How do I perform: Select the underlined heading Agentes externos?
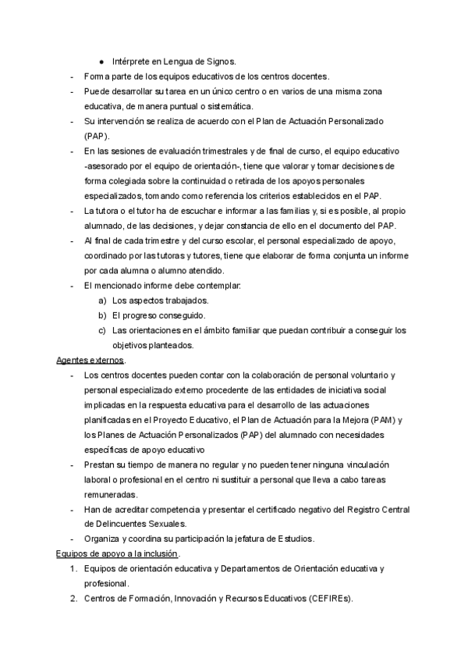[91, 360]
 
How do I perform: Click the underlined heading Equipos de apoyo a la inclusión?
[117, 553]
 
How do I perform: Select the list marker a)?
[102, 301]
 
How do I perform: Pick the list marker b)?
[102, 315]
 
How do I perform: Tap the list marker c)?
[102, 330]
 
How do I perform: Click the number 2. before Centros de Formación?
[73, 598]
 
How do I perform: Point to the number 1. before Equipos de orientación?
[73, 568]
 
